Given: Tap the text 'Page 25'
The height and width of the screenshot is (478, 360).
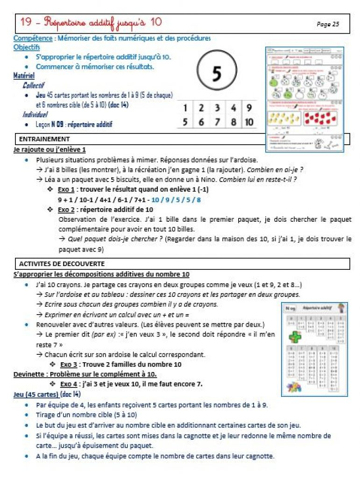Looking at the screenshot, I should pos(328,24).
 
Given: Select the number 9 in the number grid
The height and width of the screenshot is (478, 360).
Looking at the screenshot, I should pos(249,108).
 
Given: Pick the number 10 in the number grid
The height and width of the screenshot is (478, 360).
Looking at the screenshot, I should pos(249,122).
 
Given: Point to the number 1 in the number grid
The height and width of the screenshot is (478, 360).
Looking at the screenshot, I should pos(185,108).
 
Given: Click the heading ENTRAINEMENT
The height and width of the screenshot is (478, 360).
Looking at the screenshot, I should pos(44,139).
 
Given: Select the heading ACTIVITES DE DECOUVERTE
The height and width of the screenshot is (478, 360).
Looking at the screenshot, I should pos(62,264).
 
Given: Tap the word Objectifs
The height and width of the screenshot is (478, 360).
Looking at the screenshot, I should pos(27,47).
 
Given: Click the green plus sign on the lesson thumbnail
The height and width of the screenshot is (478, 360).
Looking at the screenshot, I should pos(295,336).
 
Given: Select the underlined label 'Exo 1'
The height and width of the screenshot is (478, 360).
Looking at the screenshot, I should pos(67,190).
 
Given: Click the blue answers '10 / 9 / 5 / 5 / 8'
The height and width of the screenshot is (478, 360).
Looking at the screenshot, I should pos(179,199).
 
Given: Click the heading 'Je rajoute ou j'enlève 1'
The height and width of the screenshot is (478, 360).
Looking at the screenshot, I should pos(49,149).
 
